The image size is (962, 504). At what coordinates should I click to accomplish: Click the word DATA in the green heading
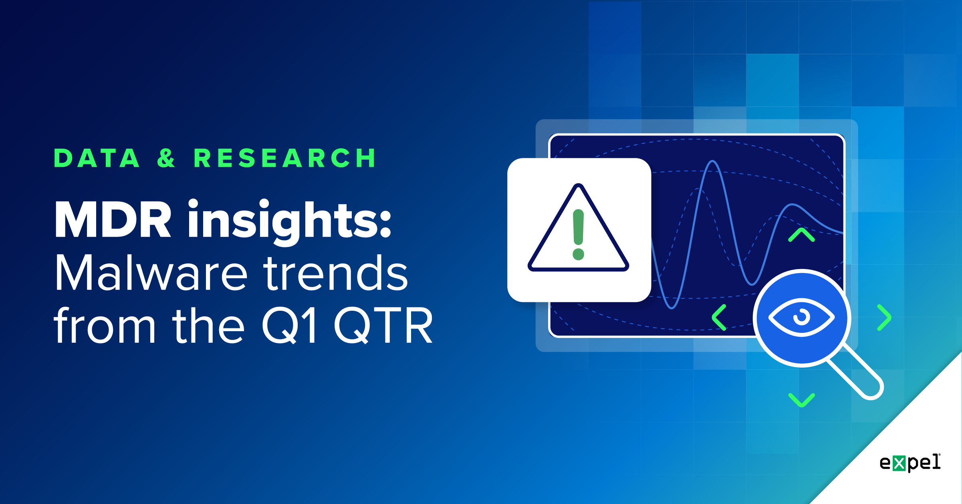click(97, 158)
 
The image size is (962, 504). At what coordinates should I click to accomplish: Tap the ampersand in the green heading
click(166, 158)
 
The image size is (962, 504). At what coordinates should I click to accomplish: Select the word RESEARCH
click(285, 158)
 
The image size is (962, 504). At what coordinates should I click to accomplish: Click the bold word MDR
click(113, 220)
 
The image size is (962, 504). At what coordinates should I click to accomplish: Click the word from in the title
click(104, 326)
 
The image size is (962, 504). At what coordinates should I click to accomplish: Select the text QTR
click(383, 326)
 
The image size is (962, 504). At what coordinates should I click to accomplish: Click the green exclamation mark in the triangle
click(578, 227)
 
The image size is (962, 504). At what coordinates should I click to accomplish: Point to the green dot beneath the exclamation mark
click(578, 254)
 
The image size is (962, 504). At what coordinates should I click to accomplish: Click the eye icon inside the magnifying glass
click(801, 317)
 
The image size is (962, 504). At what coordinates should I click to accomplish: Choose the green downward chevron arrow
click(801, 400)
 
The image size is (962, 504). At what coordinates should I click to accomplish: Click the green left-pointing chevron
click(719, 317)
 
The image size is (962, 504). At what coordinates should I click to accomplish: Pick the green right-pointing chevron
click(884, 317)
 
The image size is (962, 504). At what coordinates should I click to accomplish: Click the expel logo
click(910, 463)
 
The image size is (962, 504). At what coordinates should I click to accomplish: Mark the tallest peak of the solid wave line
click(713, 162)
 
